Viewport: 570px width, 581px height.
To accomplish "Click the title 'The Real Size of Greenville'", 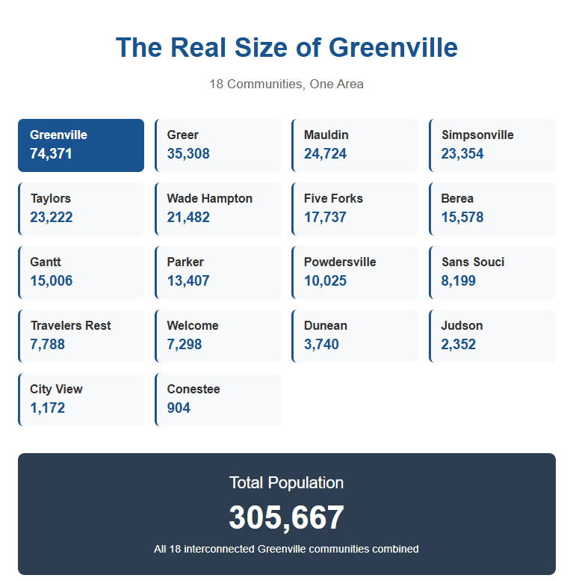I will [286, 48].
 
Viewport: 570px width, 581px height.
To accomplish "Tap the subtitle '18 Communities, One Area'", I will [286, 84].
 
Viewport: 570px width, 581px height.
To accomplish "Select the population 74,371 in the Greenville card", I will [52, 154].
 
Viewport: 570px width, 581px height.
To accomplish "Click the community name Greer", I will [183, 135].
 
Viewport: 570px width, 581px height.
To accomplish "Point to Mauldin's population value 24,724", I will [325, 154].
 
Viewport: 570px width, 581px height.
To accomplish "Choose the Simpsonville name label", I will [477, 135].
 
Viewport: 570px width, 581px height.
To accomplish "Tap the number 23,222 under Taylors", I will [52, 218].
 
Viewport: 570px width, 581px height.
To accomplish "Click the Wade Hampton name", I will [210, 199].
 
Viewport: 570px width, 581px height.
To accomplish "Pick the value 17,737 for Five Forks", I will [325, 218].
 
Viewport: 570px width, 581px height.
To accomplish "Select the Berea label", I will [457, 199].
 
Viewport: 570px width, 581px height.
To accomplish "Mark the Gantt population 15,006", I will [52, 281].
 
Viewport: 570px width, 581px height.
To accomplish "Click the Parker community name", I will [185, 262].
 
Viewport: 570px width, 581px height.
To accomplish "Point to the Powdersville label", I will [340, 262].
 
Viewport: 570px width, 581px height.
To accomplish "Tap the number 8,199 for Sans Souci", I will [459, 281].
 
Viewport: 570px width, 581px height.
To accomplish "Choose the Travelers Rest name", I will [71, 326].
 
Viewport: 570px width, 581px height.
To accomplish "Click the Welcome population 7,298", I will [185, 345].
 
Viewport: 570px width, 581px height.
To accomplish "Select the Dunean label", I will [326, 326].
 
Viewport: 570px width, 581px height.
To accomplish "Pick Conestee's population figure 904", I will [179, 408].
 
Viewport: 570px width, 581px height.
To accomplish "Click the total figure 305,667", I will [286, 517].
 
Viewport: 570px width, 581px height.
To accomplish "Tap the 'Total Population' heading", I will [286, 483].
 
